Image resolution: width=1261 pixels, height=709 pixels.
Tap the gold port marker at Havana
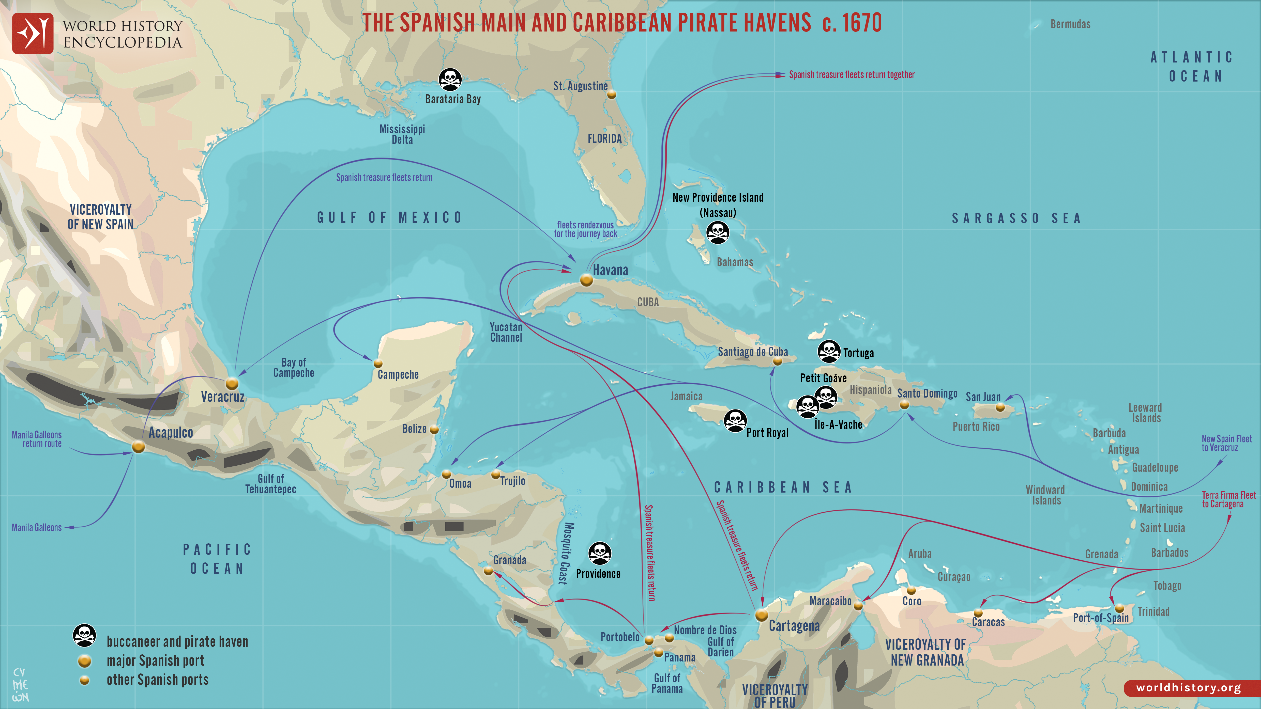[x=586, y=280]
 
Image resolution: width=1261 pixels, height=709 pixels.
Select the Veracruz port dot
[x=232, y=383]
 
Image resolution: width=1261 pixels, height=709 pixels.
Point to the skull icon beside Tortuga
[x=829, y=351]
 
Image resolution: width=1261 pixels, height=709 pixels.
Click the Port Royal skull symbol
[x=735, y=420]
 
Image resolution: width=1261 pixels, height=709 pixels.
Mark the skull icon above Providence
[x=600, y=553]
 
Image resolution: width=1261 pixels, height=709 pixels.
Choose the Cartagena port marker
[x=761, y=615]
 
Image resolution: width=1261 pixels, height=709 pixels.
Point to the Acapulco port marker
[x=139, y=447]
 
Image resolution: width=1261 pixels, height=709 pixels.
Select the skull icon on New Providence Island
[x=718, y=232]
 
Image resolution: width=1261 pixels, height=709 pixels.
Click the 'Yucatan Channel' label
[x=506, y=332]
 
